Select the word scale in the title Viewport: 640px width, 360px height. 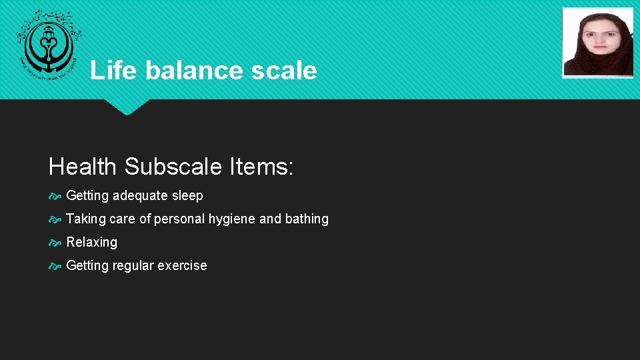[x=285, y=70]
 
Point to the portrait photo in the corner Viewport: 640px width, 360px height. [x=597, y=43]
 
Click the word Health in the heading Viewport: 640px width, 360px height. [x=83, y=167]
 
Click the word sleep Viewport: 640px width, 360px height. [x=187, y=196]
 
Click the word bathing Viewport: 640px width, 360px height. [x=307, y=219]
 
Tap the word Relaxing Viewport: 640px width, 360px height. [x=91, y=243]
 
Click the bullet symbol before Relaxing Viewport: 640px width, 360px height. [x=55, y=243]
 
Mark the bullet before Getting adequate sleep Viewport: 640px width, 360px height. [x=55, y=196]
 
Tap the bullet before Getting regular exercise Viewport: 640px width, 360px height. [x=55, y=266]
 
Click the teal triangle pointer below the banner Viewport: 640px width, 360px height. [x=127, y=107]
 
